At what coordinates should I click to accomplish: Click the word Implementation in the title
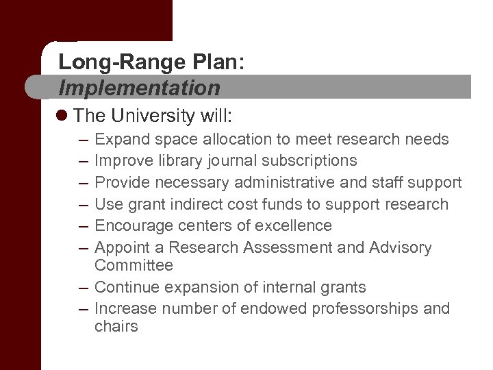[x=139, y=88]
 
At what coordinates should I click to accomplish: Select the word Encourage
[x=132, y=225]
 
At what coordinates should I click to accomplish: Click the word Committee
[x=134, y=265]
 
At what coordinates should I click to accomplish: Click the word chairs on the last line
[x=116, y=327]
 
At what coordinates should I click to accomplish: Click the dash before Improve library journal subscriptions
[x=83, y=161]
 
